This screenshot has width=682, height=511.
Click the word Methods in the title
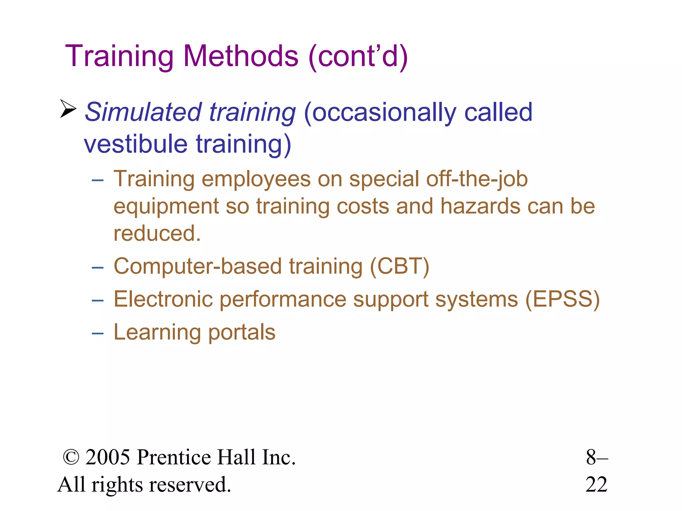(240, 56)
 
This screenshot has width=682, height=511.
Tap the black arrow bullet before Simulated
(68, 109)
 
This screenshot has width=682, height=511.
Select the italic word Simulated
(143, 112)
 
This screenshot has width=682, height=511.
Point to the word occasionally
(380, 112)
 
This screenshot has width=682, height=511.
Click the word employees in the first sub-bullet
(256, 179)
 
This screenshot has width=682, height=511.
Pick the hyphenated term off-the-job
(477, 179)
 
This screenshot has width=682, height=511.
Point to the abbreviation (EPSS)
(562, 299)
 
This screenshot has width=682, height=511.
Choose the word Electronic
(163, 299)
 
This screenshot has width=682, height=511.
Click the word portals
(242, 332)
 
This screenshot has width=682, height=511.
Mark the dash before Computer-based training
(98, 267)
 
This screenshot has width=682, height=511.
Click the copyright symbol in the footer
(71, 457)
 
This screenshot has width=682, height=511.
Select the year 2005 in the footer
(108, 457)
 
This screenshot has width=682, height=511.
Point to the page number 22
(596, 484)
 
